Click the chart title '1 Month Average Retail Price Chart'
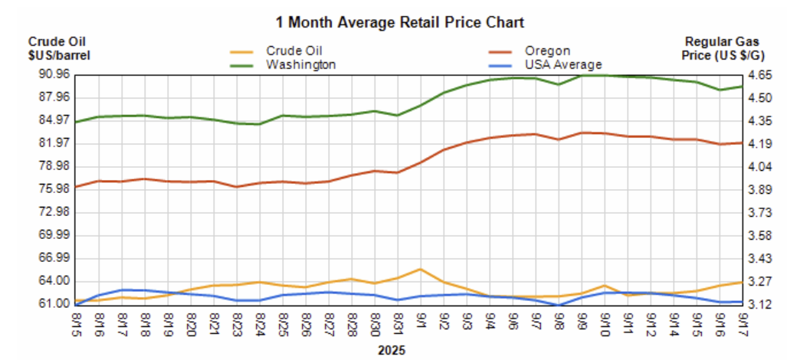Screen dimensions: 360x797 coord(399,21)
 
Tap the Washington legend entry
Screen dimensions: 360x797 coord(300,64)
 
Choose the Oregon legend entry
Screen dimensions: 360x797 coord(547,51)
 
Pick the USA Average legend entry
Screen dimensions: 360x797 coord(563,64)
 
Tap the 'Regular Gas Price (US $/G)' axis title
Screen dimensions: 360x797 coord(724,49)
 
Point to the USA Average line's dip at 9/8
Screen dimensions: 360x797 coord(559,305)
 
